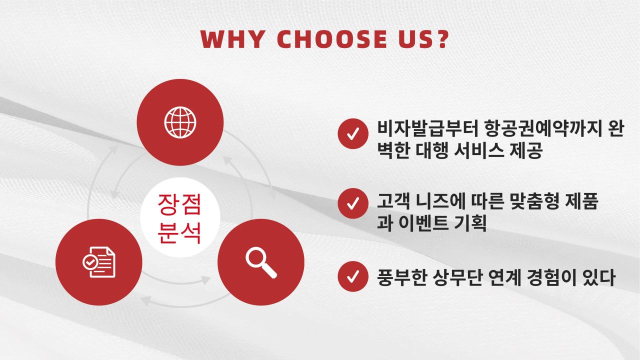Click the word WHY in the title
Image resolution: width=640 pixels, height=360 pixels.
[232, 39]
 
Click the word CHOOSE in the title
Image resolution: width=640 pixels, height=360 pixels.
[332, 39]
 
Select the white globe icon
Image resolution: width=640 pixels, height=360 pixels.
[180, 122]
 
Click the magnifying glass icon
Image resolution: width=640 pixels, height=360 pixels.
[261, 262]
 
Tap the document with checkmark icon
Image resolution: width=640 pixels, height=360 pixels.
[99, 262]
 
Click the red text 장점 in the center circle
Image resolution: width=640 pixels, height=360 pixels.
[179, 204]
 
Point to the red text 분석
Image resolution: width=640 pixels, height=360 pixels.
[179, 233]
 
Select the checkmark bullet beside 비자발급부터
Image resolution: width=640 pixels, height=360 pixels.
[353, 133]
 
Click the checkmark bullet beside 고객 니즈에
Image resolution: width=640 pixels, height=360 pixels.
[353, 203]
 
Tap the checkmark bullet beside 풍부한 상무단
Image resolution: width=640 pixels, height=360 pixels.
[353, 276]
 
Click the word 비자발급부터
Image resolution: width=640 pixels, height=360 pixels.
[427, 129]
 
